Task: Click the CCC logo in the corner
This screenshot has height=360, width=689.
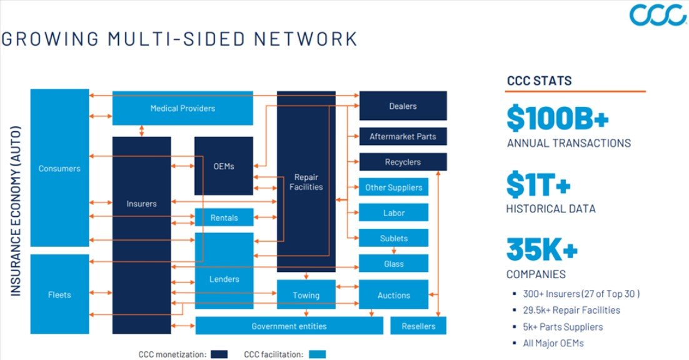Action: (x=658, y=15)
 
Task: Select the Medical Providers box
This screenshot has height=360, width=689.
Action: (x=183, y=108)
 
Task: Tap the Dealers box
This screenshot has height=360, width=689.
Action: (x=403, y=106)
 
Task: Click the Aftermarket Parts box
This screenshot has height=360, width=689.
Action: (x=403, y=136)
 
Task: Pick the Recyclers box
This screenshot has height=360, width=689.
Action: (x=403, y=162)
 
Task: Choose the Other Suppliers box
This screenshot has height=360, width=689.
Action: (x=393, y=187)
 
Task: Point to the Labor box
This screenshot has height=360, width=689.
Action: (x=393, y=212)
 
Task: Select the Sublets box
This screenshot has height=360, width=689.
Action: (x=393, y=238)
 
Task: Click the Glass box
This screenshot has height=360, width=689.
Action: (x=393, y=264)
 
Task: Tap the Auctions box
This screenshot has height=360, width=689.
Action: (x=393, y=295)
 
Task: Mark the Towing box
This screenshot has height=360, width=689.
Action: (x=306, y=295)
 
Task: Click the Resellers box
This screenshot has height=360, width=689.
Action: (x=418, y=326)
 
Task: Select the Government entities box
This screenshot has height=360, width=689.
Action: (x=289, y=326)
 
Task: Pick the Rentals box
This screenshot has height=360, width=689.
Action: (x=224, y=217)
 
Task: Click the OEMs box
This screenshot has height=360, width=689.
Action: (x=223, y=166)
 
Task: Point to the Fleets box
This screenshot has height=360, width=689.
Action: (x=59, y=294)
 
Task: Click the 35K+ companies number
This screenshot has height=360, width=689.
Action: (x=542, y=250)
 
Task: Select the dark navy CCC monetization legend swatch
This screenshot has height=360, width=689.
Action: (x=218, y=354)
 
